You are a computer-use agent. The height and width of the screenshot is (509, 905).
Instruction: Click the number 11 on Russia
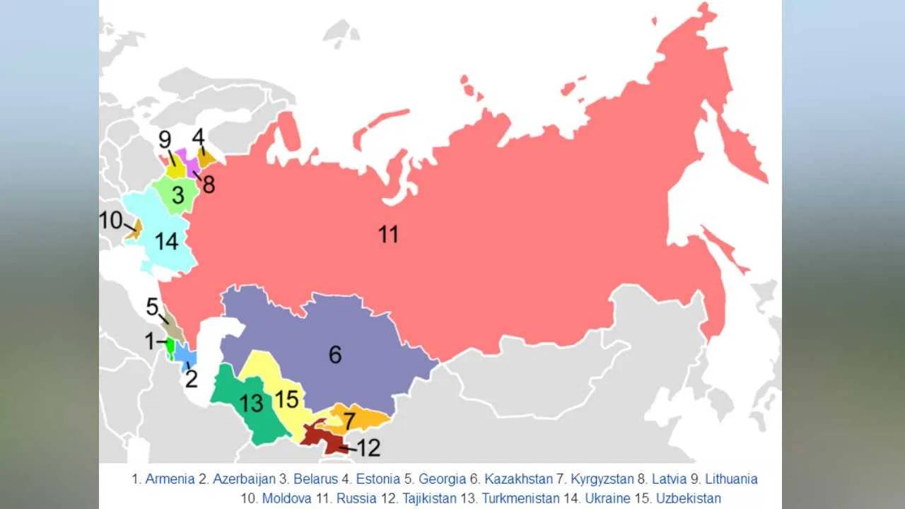pyautogui.click(x=388, y=234)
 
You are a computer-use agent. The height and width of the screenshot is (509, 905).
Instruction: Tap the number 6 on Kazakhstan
pyautogui.click(x=335, y=354)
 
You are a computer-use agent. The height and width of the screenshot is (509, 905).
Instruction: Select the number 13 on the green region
pyautogui.click(x=251, y=404)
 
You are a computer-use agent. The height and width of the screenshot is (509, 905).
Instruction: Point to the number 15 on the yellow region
pyautogui.click(x=286, y=399)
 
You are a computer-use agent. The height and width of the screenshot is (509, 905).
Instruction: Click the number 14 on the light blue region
pyautogui.click(x=166, y=242)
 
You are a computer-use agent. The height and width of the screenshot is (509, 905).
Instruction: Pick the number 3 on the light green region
pyautogui.click(x=178, y=196)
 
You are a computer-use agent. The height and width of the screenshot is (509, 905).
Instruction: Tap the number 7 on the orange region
pyautogui.click(x=349, y=422)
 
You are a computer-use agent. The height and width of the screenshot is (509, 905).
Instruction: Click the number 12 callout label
pyautogui.click(x=369, y=447)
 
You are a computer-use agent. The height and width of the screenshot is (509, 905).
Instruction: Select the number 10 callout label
pyautogui.click(x=111, y=221)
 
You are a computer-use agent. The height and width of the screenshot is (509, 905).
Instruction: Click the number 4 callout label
pyautogui.click(x=199, y=136)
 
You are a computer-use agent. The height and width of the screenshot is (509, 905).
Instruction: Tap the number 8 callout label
pyautogui.click(x=208, y=186)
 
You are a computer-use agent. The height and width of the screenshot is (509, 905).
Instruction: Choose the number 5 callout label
pyautogui.click(x=152, y=307)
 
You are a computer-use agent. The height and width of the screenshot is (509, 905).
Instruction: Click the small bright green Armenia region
pyautogui.click(x=170, y=347)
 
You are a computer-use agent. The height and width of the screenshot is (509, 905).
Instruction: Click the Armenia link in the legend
pyautogui.click(x=170, y=479)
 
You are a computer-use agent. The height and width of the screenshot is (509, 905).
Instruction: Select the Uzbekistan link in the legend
pyautogui.click(x=688, y=498)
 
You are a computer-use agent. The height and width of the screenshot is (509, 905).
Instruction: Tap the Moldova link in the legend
pyautogui.click(x=286, y=498)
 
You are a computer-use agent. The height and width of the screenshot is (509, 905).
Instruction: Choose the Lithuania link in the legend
pyautogui.click(x=731, y=479)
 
